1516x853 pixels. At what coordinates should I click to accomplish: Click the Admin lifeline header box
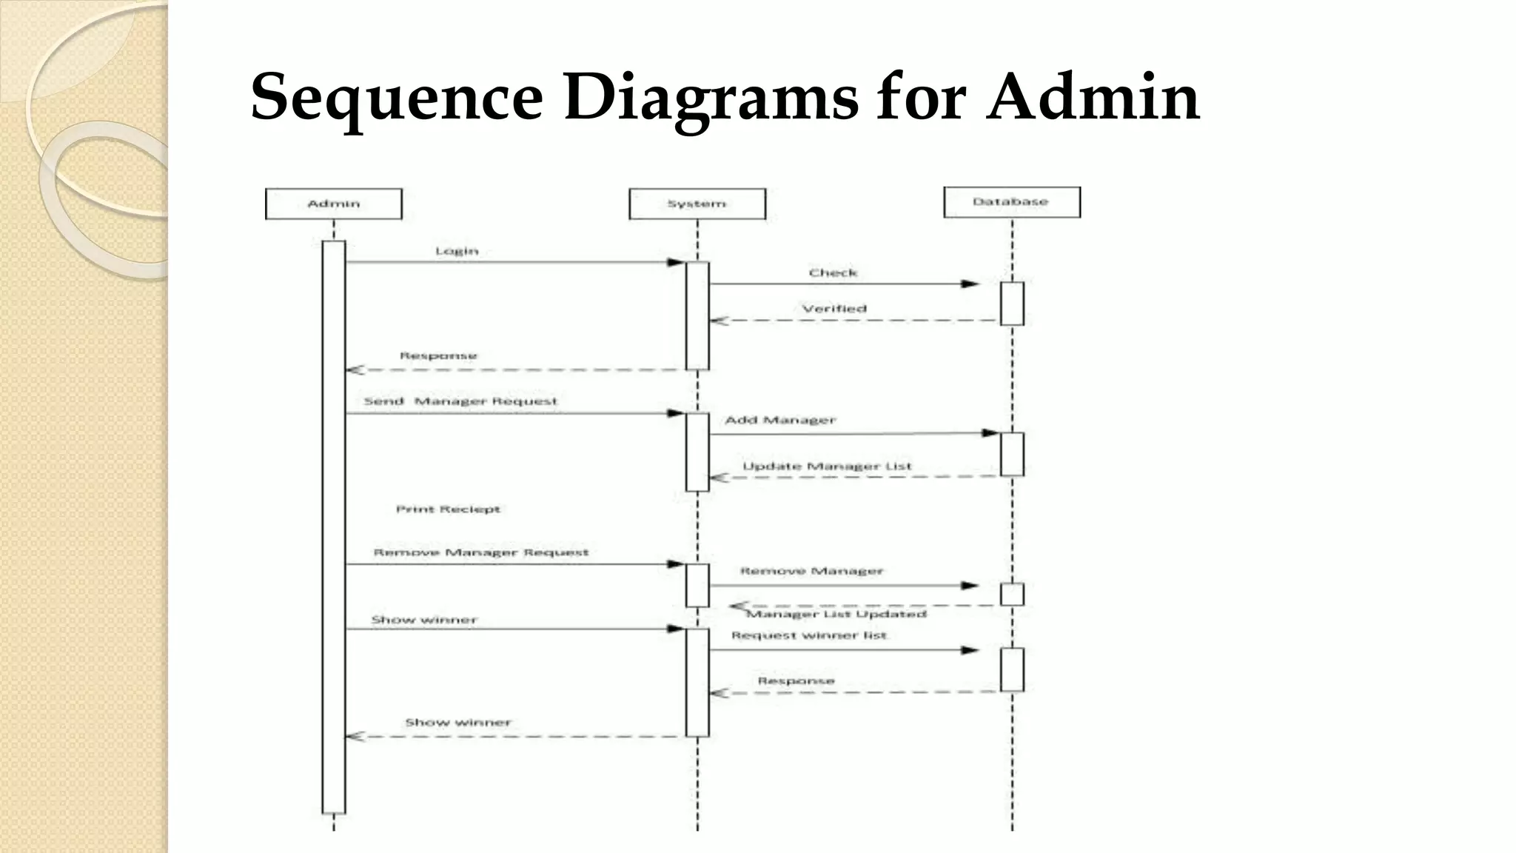coord(333,204)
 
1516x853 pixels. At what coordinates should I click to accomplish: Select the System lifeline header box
coord(697,204)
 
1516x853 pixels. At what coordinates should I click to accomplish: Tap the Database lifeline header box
coord(1011,201)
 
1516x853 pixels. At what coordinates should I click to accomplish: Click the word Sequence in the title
coord(397,97)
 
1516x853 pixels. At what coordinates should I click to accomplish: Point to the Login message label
coord(457,251)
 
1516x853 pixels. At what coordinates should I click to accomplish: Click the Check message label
coord(833,272)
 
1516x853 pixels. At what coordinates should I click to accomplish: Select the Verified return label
coord(834,308)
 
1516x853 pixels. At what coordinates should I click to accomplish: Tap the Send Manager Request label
coord(460,401)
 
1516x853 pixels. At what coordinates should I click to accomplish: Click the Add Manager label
coord(780,420)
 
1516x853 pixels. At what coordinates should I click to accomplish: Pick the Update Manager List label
coord(827,466)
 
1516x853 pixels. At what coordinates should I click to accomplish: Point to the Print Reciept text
coord(448,509)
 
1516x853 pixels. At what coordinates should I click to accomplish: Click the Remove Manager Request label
coord(480,552)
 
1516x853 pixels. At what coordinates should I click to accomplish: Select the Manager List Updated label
coord(836,614)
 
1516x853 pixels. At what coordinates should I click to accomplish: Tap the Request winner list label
coord(808,635)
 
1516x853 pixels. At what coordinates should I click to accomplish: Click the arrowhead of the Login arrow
coord(675,262)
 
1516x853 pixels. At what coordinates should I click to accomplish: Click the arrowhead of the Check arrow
coord(970,284)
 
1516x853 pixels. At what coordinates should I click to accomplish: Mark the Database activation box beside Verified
coord(1012,304)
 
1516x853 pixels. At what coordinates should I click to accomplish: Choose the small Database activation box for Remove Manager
coord(1012,594)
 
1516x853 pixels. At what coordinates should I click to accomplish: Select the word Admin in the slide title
coord(1093,97)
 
